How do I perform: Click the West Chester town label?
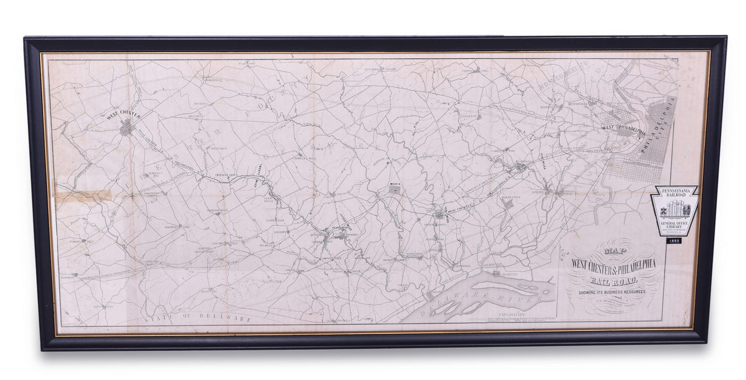pos(124,115)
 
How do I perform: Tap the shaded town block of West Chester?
pos(126,127)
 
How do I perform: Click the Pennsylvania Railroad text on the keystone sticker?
pos(674,193)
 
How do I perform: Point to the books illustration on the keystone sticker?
pos(674,208)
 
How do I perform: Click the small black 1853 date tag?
pos(674,240)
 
